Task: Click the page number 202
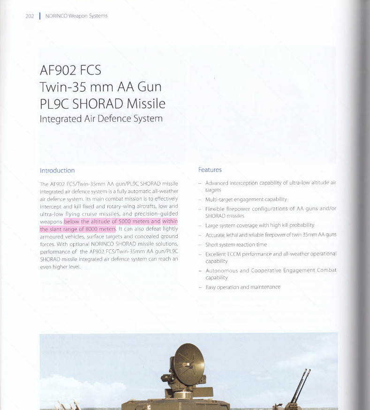[30, 16]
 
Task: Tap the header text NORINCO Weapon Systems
[76, 16]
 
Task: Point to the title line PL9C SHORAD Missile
[103, 103]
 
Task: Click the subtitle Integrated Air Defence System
[101, 119]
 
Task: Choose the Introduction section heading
[57, 171]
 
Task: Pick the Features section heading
[210, 170]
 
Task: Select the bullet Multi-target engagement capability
[246, 199]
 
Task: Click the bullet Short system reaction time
[236, 245]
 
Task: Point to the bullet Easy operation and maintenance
[243, 287]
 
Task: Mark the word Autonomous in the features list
[222, 270]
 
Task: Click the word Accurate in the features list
[216, 235]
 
